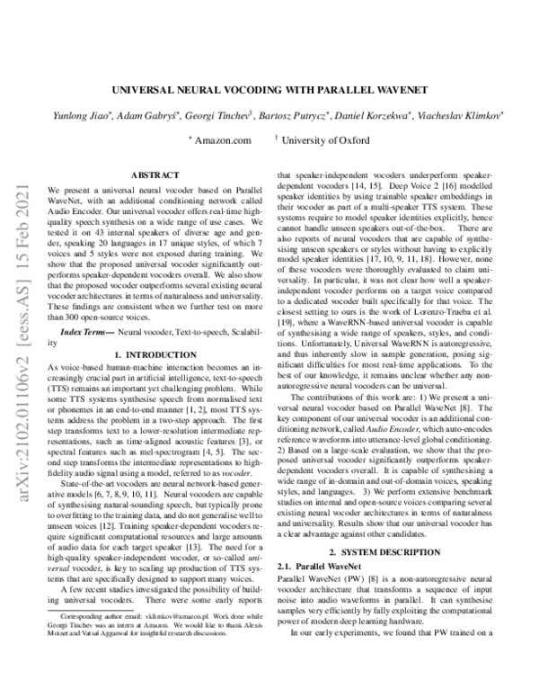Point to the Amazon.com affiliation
[x=219, y=140]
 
